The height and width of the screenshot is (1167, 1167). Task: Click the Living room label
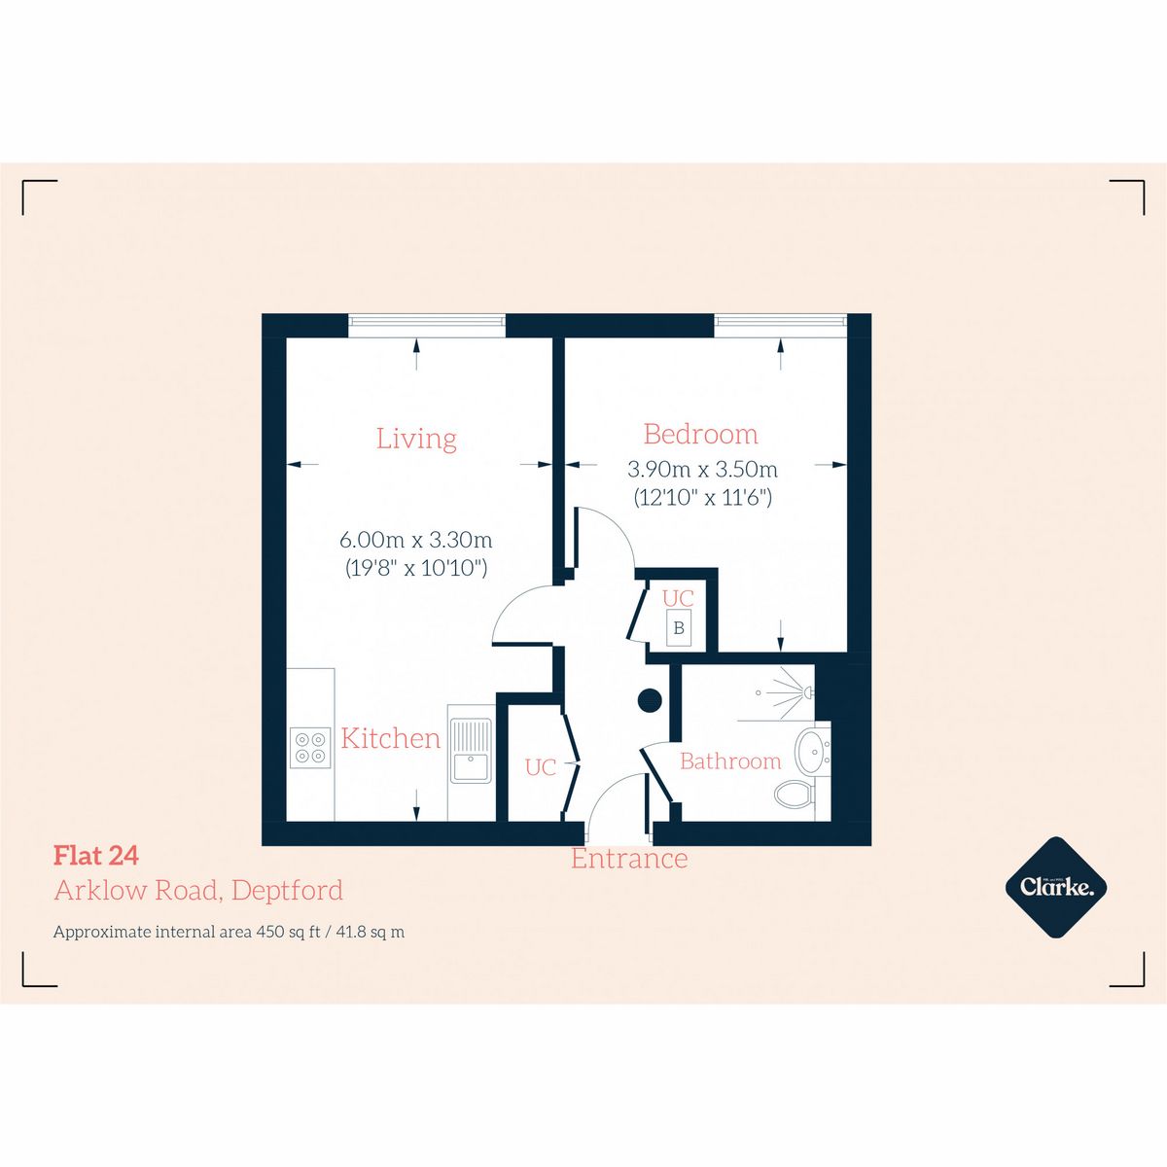point(416,439)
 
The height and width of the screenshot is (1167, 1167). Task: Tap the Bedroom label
point(700,434)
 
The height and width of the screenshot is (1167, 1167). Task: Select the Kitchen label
point(390,738)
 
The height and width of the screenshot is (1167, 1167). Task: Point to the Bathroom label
point(729,761)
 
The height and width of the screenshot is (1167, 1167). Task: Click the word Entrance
point(628,860)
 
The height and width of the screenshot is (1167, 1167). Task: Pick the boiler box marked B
point(679,628)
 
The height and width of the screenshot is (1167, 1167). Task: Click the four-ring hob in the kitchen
point(310,747)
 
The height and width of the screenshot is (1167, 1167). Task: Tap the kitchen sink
point(470,750)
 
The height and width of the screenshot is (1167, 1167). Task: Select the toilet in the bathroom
point(795,795)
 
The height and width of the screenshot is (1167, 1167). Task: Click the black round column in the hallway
point(649,698)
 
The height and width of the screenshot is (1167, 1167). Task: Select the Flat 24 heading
point(96,856)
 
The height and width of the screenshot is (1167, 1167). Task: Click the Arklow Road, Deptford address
point(198,890)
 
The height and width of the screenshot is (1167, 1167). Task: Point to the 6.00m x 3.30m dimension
point(416,539)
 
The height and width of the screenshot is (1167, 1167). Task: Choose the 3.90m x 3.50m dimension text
point(702,469)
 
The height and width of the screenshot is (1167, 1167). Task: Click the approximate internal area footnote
point(229,932)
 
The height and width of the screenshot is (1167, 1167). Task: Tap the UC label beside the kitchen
point(540,767)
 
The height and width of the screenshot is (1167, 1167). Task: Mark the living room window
point(427,325)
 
